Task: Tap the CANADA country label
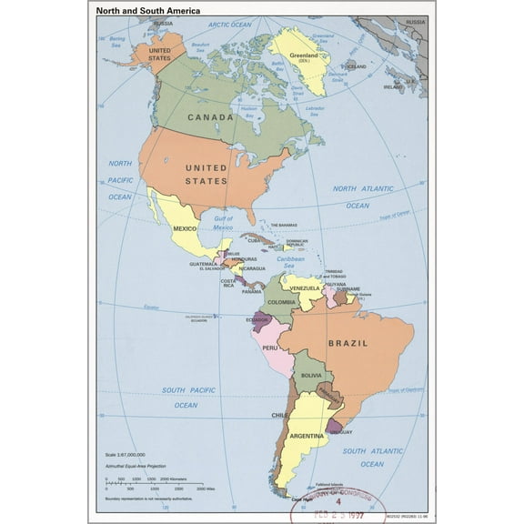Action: tap(210, 116)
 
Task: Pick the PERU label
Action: tap(269, 348)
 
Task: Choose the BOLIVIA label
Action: tap(311, 375)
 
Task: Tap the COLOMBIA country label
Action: tap(281, 301)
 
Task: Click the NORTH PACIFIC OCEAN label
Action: tap(120, 179)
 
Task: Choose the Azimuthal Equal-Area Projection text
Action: tap(138, 465)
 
